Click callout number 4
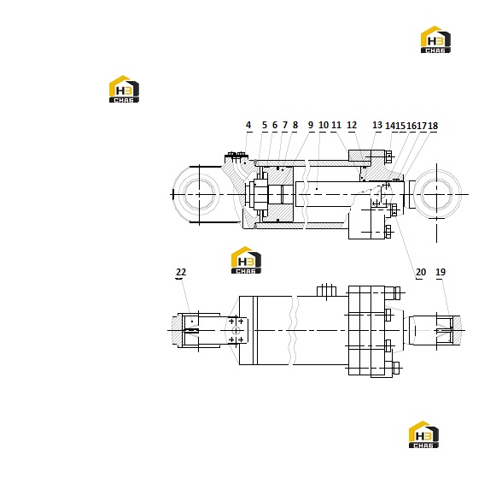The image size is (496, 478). tap(248, 125)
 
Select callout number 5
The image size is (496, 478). tap(265, 125)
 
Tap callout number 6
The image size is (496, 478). tap(275, 125)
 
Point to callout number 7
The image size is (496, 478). tap(284, 125)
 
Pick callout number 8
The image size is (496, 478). tap(295, 125)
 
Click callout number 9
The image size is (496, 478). tap(311, 125)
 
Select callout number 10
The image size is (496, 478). tap(324, 125)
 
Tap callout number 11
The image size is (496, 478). tap(336, 125)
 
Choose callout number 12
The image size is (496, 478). tap(352, 125)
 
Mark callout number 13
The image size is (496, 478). tap(377, 125)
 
